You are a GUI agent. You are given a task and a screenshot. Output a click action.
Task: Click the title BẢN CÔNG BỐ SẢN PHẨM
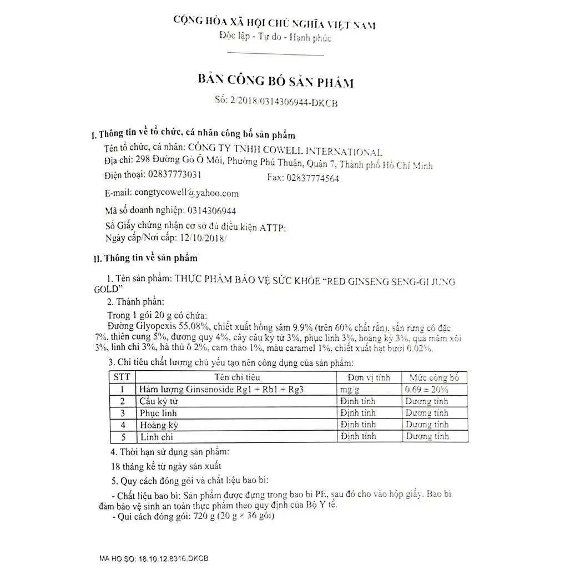tap(276, 82)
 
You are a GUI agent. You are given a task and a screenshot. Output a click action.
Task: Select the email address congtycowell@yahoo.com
tap(186, 193)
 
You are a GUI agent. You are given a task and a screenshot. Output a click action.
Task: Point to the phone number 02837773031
tap(174, 174)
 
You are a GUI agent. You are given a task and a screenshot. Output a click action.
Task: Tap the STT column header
tap(122, 377)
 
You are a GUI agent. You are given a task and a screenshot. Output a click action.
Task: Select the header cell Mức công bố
tap(433, 377)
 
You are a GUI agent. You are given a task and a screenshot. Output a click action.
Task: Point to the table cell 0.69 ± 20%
tap(427, 389)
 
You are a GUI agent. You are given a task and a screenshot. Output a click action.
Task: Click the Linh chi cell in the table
tap(157, 437)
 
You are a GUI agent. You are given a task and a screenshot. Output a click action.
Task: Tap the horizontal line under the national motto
tap(275, 55)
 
